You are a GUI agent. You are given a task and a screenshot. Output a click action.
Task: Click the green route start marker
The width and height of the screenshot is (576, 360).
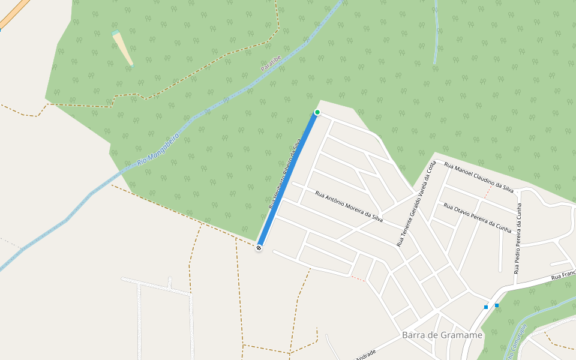pos(317,112)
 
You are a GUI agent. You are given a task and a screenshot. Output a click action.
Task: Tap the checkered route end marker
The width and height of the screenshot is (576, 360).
pos(259,247)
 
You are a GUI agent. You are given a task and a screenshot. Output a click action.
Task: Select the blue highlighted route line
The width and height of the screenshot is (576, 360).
pos(288,179)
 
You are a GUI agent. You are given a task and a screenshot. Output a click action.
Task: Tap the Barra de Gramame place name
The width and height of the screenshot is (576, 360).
pos(442,335)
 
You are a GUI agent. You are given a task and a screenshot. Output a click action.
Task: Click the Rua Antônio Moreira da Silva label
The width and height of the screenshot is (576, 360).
pos(349,206)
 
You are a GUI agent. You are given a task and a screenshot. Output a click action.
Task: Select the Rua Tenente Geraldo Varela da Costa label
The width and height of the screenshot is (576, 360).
pos(415,204)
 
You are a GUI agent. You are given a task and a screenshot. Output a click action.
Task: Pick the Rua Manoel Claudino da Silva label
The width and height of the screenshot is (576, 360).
pos(479,176)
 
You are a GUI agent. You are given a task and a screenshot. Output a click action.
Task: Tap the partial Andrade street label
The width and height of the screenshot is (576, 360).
pos(365,353)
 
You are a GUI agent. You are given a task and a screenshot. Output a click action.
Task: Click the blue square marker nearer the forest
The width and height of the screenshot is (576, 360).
pos(497,305)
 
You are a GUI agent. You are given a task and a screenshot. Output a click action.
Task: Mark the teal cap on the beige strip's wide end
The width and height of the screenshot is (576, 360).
pos(115,33)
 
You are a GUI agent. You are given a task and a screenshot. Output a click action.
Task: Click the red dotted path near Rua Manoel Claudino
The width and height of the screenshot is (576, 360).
pos(488,191)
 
